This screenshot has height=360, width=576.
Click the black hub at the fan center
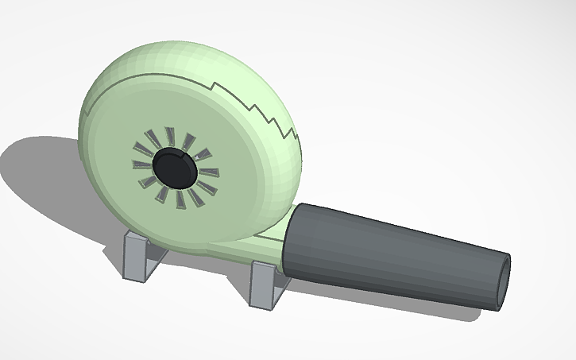174,167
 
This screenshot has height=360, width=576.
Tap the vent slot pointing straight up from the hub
169,136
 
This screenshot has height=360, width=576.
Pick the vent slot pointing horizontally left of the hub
141,165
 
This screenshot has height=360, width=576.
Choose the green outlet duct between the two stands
230,253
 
